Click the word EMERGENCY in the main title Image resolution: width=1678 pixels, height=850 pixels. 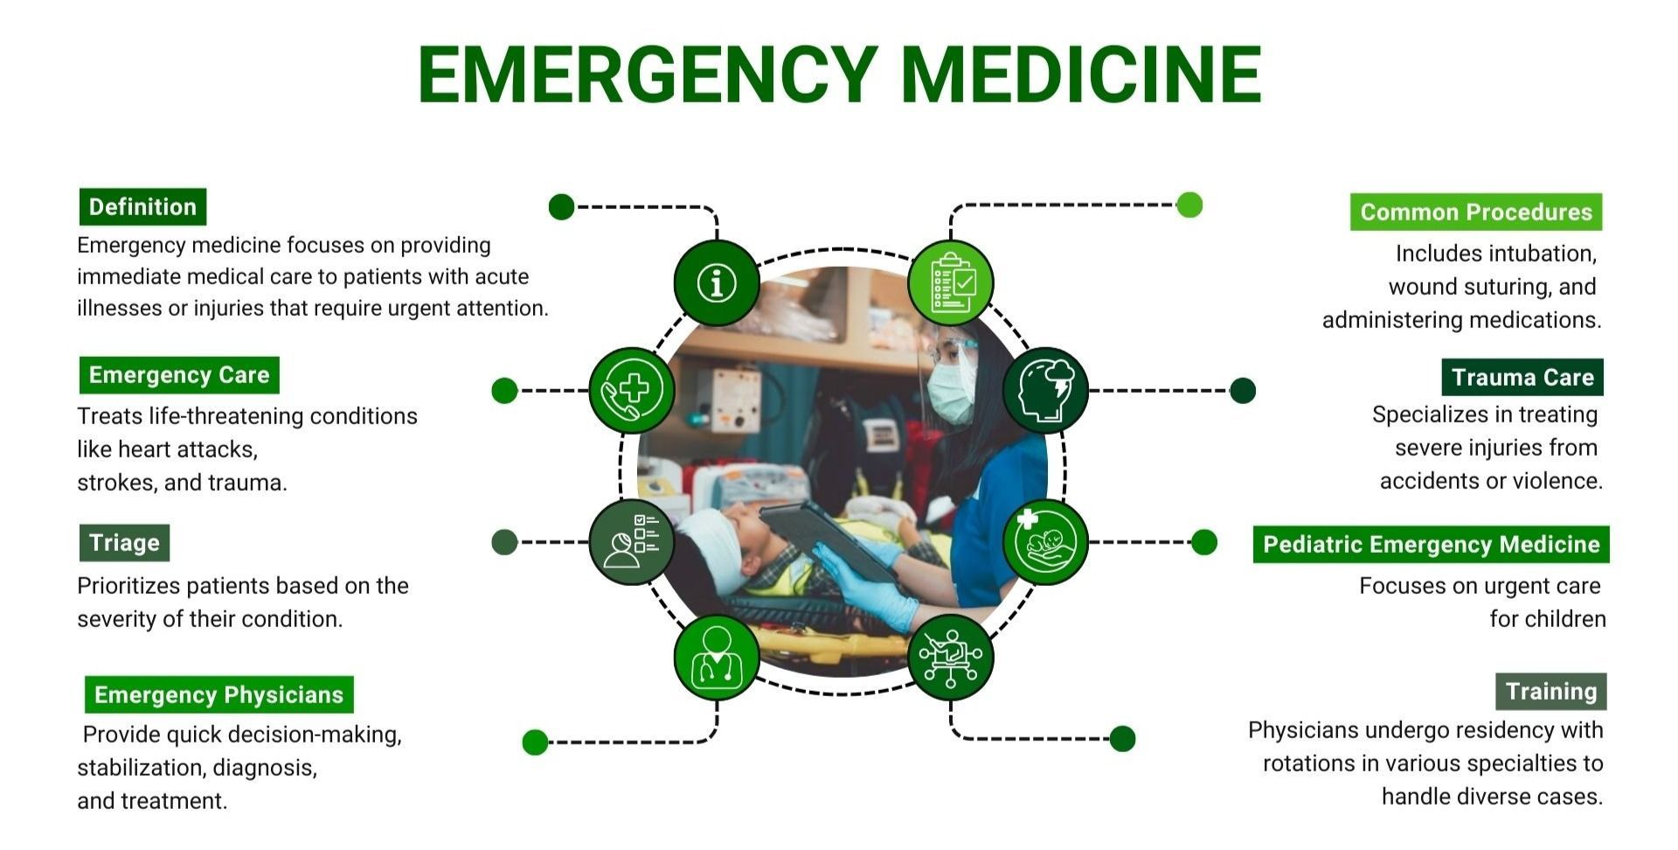click(648, 74)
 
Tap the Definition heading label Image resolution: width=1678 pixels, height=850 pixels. click(142, 207)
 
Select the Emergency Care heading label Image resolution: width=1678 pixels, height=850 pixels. click(179, 375)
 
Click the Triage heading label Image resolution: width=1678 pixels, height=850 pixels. click(124, 543)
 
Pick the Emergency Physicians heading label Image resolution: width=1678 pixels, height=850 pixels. click(219, 695)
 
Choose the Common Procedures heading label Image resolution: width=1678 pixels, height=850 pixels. click(1476, 212)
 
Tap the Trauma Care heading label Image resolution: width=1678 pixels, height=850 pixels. click(1522, 378)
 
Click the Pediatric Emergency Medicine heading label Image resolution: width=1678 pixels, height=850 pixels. click(1432, 545)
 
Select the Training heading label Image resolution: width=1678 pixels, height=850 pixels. click(1551, 692)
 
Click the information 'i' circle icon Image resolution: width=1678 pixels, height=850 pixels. click(717, 283)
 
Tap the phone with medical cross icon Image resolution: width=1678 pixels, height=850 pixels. click(632, 390)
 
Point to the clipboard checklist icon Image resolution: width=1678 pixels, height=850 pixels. click(951, 283)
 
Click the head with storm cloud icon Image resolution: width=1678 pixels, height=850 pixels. click(1045, 390)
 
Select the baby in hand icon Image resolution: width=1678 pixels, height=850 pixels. click(1045, 542)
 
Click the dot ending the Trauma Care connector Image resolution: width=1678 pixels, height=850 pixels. click(1242, 391)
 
